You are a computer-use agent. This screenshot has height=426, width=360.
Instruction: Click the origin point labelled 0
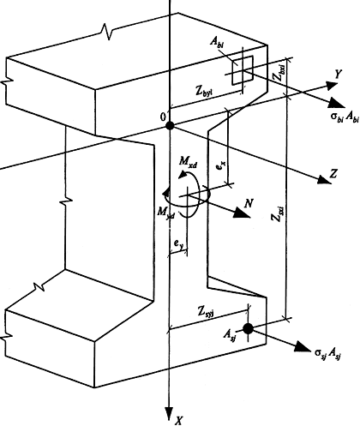click(170, 125)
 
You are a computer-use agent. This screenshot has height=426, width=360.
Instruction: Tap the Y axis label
click(339, 74)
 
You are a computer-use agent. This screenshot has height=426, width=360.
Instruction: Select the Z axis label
click(333, 173)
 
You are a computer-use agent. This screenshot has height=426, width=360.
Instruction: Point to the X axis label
click(179, 420)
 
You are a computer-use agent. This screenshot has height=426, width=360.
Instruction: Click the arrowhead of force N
click(242, 213)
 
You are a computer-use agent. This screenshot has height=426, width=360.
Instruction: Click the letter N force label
click(249, 203)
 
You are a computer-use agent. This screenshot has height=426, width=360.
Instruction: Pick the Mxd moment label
click(188, 161)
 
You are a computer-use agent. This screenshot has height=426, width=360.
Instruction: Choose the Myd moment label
click(165, 213)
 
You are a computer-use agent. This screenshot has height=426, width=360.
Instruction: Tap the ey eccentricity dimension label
click(178, 243)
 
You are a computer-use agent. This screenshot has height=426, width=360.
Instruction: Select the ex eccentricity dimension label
click(221, 166)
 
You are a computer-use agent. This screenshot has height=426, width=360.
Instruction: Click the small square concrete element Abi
click(243, 70)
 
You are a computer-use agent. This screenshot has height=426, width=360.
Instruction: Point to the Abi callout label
click(217, 42)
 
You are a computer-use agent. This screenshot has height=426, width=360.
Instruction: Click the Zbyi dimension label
click(205, 91)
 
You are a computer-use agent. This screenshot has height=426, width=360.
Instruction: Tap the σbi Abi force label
click(345, 117)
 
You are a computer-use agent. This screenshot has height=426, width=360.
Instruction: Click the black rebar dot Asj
click(248, 328)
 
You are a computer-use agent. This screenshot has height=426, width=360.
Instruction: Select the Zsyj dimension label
click(206, 312)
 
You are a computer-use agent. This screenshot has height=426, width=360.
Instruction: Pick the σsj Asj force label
click(327, 353)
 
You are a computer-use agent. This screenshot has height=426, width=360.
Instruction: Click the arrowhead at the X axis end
click(170, 414)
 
